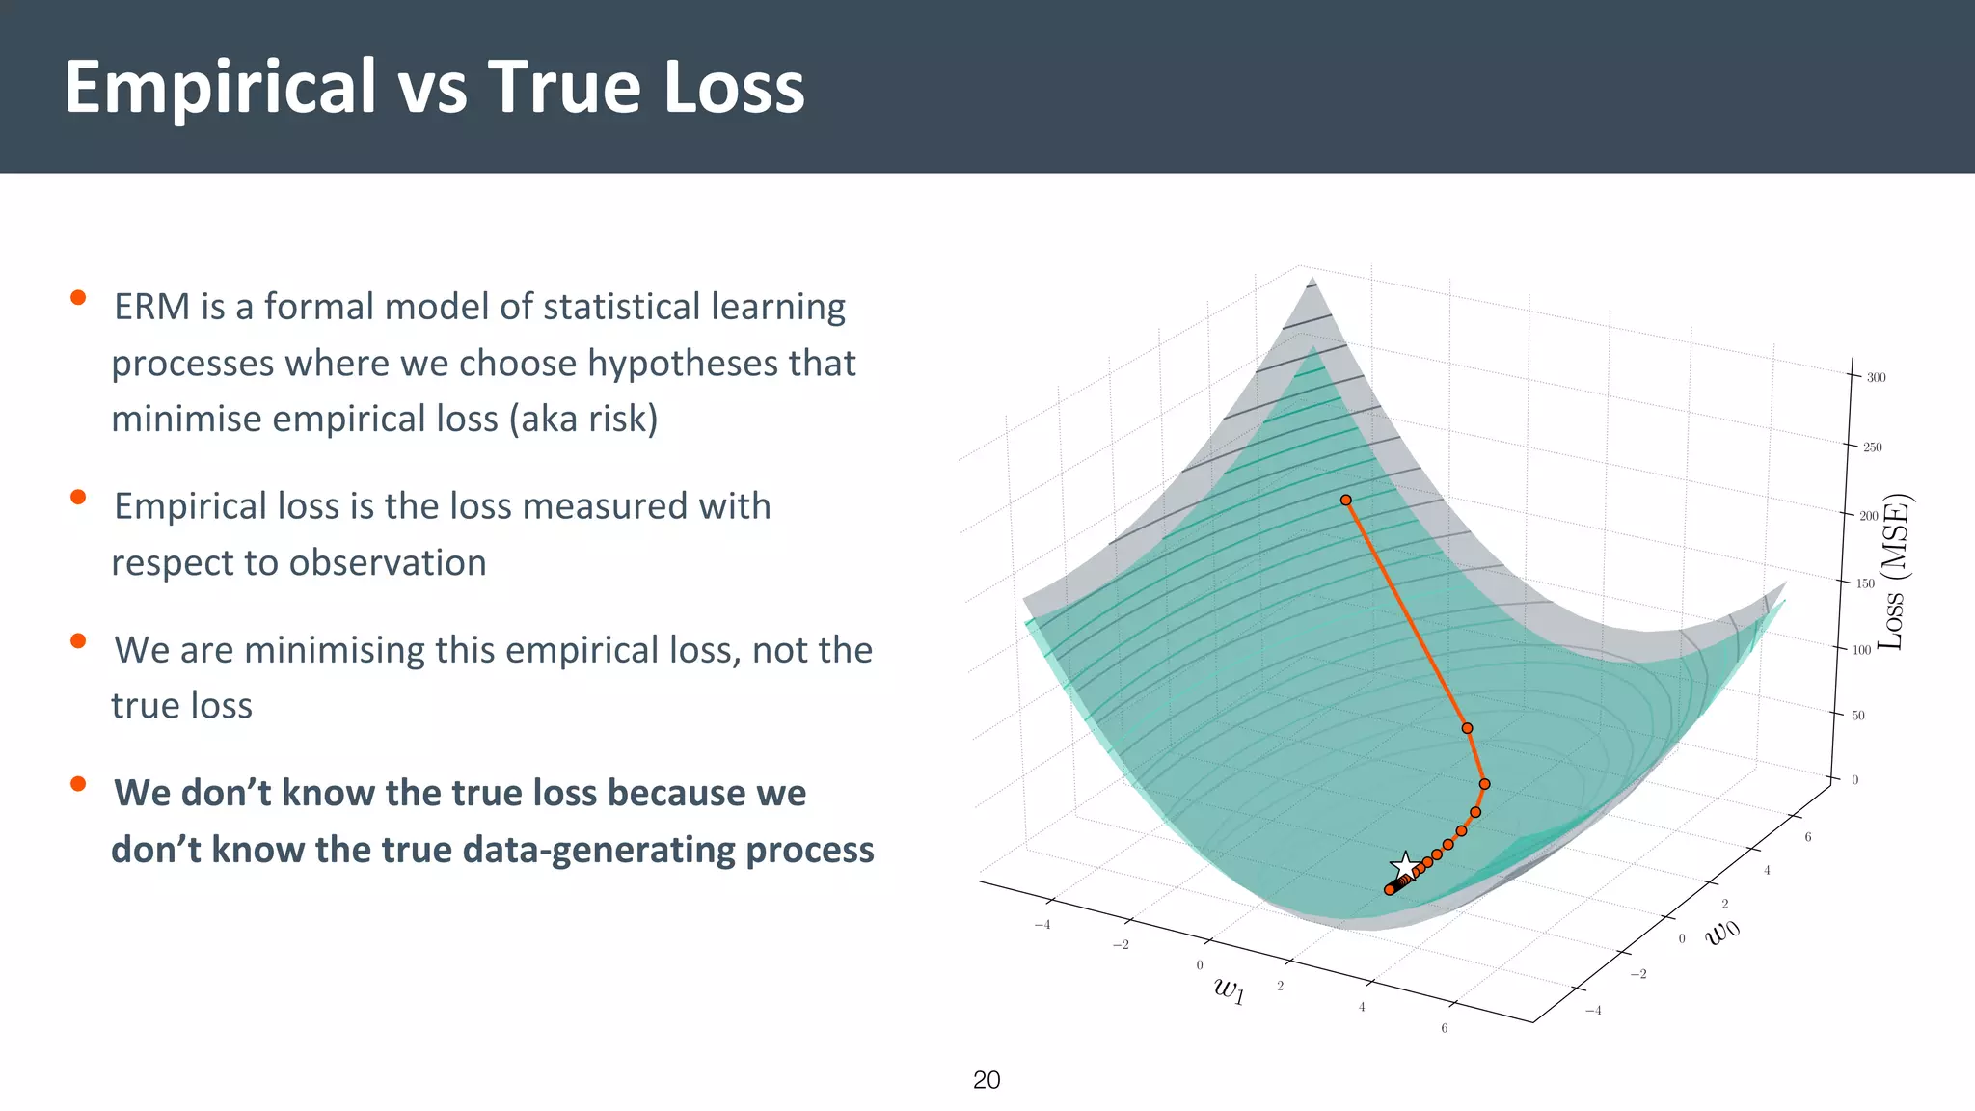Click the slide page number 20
click(x=987, y=1080)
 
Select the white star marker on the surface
click(x=1405, y=866)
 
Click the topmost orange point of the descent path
click(x=1346, y=500)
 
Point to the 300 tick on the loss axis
click(x=1876, y=377)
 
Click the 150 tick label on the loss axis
click(x=1865, y=583)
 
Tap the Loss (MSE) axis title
click(x=1895, y=571)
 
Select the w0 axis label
click(x=1723, y=931)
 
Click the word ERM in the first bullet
click(x=151, y=307)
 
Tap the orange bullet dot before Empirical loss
click(x=78, y=498)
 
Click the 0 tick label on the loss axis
click(x=1854, y=780)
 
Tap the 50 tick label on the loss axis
click(x=1858, y=716)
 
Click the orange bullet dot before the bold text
click(x=78, y=784)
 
